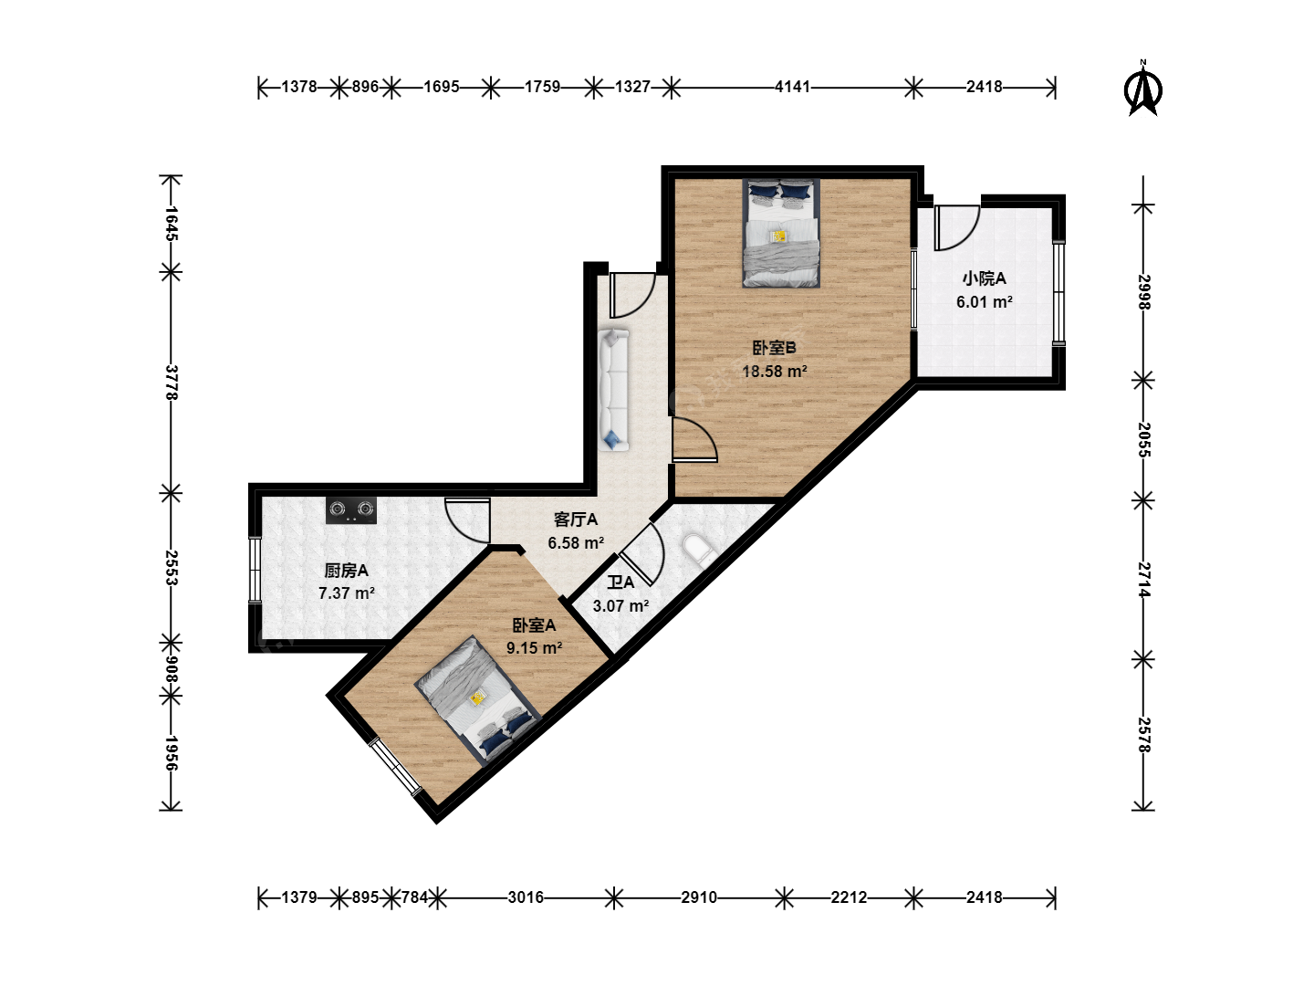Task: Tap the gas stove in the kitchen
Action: point(351,510)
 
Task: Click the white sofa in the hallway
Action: point(613,390)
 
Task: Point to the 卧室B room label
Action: point(774,348)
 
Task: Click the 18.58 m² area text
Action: point(775,372)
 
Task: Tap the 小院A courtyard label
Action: point(985,278)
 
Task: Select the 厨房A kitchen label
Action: point(346,571)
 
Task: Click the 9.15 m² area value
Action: point(534,648)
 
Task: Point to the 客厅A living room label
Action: point(575,519)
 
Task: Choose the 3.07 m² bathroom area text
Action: point(620,606)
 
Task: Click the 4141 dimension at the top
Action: point(792,87)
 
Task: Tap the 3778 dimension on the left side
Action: point(172,383)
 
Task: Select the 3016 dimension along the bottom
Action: point(526,897)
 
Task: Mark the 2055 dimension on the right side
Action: point(1143,439)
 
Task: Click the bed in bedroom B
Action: point(781,233)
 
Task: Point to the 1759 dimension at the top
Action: point(542,87)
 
